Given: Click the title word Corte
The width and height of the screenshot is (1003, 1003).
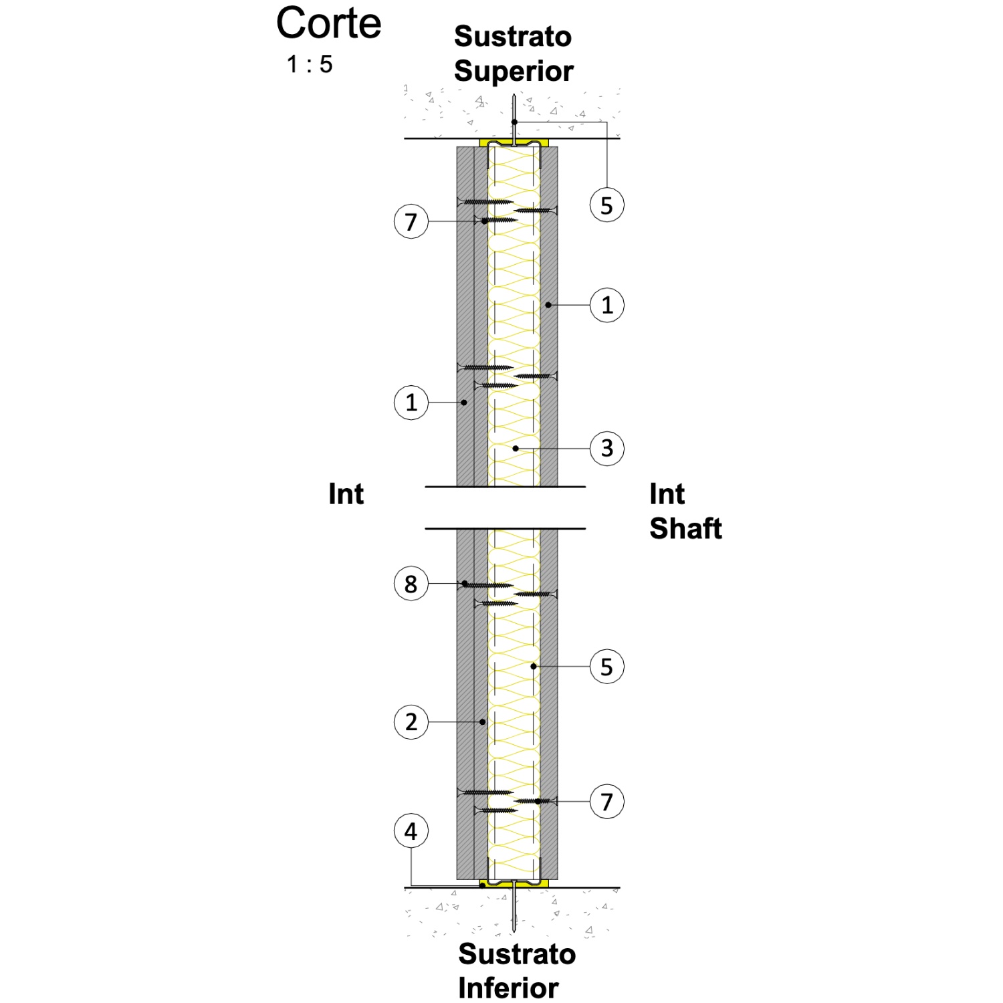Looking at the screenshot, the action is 328,23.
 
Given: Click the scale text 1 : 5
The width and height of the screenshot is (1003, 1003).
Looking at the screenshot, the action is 310,65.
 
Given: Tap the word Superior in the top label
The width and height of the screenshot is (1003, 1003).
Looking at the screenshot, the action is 514,72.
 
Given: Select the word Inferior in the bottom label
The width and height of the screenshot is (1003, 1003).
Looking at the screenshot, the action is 508,988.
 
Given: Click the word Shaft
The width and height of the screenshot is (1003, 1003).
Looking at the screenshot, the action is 685,528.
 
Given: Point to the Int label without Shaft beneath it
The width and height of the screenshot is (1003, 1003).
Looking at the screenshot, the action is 346,494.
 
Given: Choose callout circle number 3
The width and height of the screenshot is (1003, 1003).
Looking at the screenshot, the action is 607,448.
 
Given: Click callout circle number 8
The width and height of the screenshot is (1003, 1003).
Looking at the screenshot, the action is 411,584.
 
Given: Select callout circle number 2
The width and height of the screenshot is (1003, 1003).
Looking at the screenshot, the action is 411,722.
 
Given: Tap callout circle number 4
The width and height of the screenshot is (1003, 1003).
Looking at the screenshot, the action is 411,831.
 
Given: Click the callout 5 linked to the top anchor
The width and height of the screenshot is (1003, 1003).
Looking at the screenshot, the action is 607,205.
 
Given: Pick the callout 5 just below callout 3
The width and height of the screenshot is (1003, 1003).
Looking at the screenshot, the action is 607,667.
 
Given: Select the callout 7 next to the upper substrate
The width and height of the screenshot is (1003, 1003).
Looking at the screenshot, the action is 411,221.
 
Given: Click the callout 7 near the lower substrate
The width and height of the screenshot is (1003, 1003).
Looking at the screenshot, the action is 607,801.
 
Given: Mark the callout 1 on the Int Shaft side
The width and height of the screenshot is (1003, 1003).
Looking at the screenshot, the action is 607,305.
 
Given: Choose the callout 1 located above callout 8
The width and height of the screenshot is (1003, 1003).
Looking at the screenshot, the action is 411,403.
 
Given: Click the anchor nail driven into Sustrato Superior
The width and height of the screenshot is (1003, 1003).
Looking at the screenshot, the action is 514,120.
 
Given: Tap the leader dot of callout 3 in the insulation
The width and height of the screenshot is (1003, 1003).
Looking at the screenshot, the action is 516,448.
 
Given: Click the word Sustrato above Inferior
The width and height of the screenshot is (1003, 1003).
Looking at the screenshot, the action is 517,954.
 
